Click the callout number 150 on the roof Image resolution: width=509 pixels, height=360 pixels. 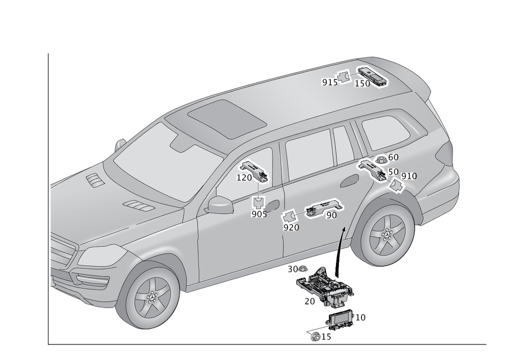(x=362, y=84)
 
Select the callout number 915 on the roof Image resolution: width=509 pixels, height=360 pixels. (x=329, y=82)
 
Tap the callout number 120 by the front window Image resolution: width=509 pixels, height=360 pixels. (x=244, y=178)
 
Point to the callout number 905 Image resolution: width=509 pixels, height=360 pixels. (x=259, y=214)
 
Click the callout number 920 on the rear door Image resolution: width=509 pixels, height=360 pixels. (x=291, y=228)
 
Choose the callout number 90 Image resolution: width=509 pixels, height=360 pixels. (x=331, y=215)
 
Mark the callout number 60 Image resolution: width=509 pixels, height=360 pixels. (x=393, y=158)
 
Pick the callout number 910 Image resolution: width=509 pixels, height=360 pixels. (x=409, y=176)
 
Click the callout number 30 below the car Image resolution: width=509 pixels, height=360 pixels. (x=293, y=268)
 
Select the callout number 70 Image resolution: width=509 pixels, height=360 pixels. (x=310, y=301)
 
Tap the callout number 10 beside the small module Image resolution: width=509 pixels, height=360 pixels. (x=360, y=317)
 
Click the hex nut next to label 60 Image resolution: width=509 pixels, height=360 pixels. (x=380, y=159)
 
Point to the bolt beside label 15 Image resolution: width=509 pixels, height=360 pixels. (x=317, y=337)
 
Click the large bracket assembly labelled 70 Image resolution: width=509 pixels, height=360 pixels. (x=323, y=288)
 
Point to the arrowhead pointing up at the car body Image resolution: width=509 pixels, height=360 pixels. (x=343, y=230)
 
